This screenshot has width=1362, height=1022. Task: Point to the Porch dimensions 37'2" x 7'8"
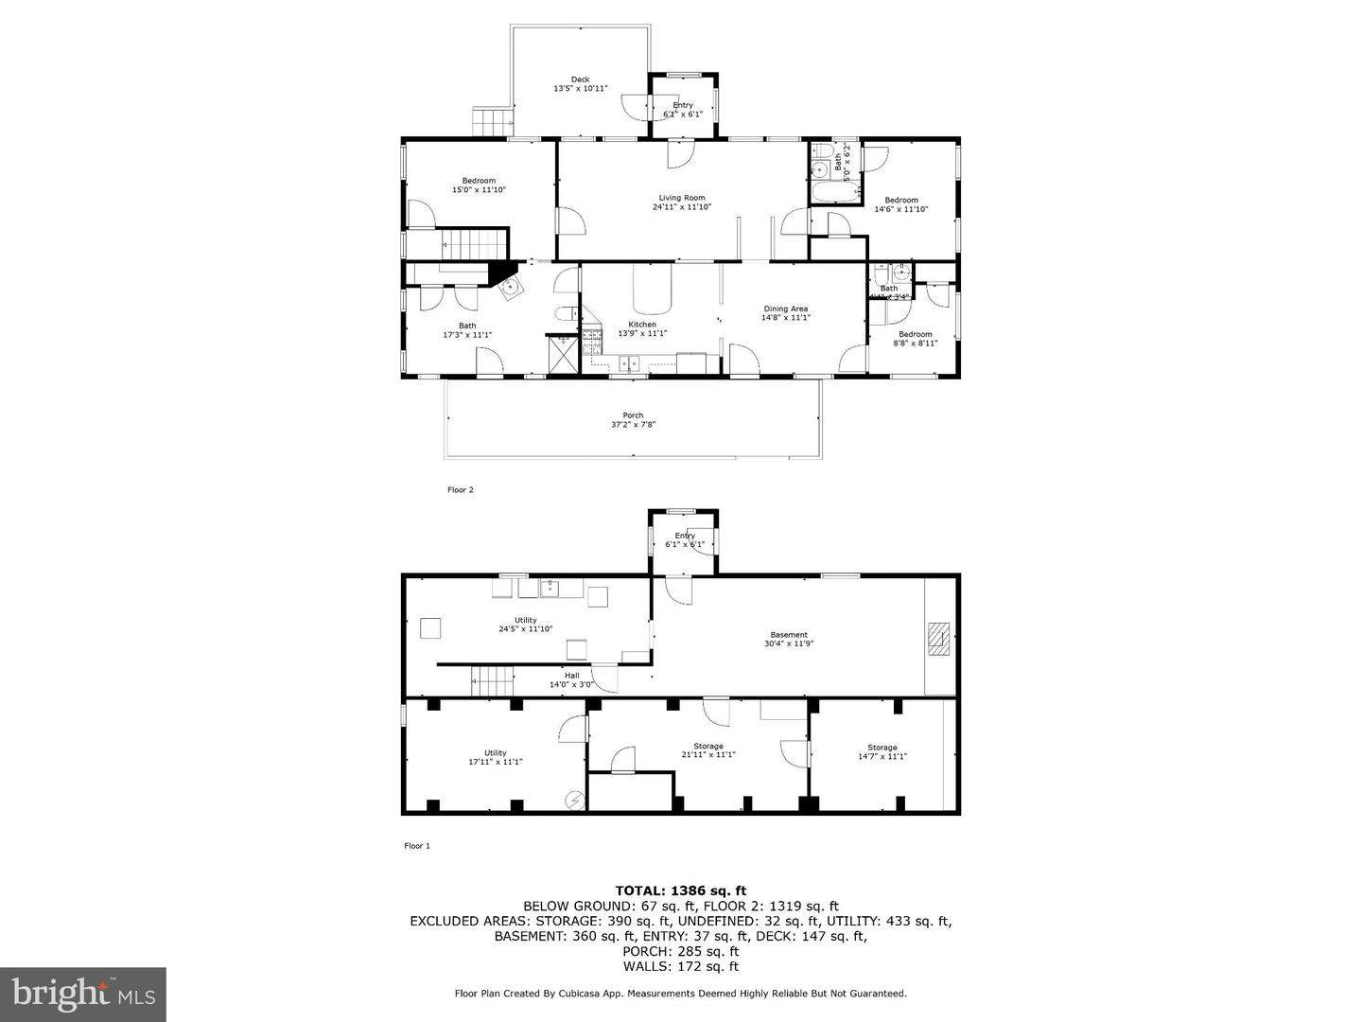click(633, 425)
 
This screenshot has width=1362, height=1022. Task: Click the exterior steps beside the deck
click(492, 122)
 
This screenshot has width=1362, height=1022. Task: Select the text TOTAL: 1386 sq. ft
click(680, 890)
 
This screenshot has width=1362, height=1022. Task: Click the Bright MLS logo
click(83, 994)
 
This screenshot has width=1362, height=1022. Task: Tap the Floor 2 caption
click(460, 490)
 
